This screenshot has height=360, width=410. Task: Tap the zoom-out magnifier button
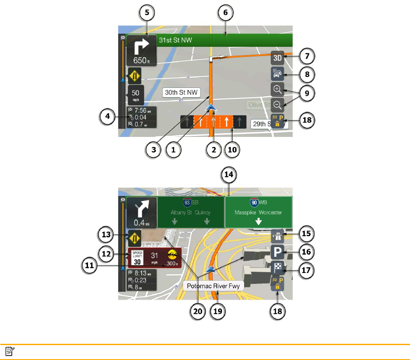coord(277,105)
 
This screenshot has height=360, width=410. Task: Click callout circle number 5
coord(147,13)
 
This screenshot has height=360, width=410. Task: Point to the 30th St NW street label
coord(181,93)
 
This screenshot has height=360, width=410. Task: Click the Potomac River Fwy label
coord(213,287)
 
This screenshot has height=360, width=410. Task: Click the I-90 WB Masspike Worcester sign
coord(258,212)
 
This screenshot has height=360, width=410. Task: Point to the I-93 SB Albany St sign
coord(191,212)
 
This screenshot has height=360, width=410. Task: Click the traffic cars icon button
coord(277,73)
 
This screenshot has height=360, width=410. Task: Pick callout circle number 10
coord(232,149)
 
